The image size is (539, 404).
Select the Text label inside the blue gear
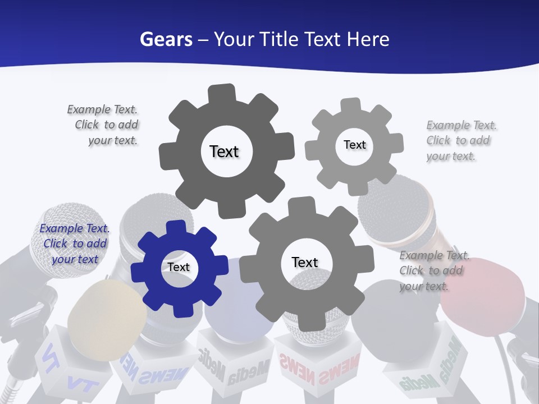pyautogui.click(x=179, y=268)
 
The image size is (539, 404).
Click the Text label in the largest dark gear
pyautogui.click(x=224, y=151)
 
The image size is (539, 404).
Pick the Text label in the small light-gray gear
pyautogui.click(x=354, y=145)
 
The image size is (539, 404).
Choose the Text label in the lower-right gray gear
pyautogui.click(x=305, y=263)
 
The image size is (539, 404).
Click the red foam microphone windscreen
pyautogui.click(x=483, y=297)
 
